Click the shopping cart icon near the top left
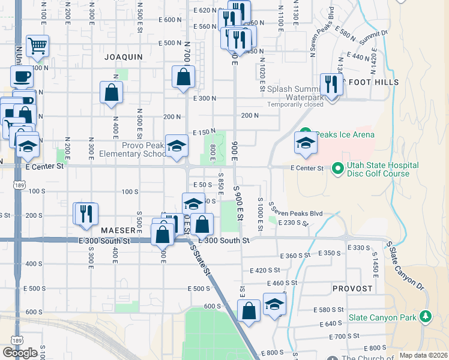point(37,46)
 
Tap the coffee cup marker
point(22,77)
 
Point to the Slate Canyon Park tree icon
point(426,315)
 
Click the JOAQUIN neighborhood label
point(124,57)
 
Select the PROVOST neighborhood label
point(354,289)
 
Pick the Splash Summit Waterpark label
point(295,93)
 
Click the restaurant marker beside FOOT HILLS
point(331,84)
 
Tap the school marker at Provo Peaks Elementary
point(176,146)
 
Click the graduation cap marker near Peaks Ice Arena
point(306,143)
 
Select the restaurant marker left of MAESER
point(85,213)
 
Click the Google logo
point(20,352)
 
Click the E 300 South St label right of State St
point(224,240)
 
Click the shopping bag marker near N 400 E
point(111,92)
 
